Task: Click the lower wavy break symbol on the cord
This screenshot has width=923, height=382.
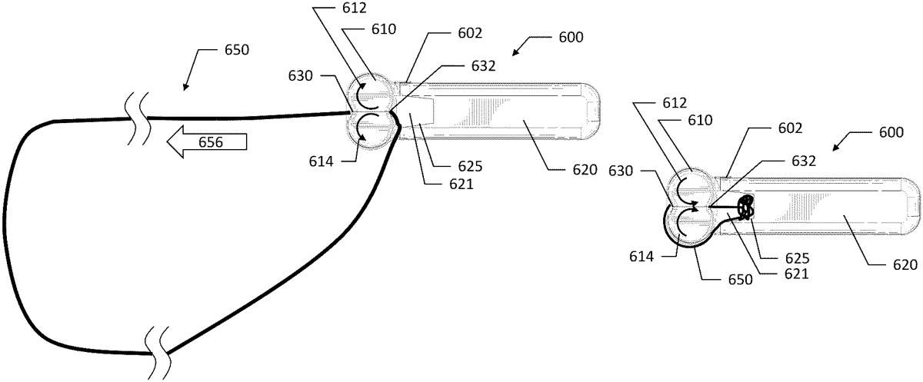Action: pos(158,344)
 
